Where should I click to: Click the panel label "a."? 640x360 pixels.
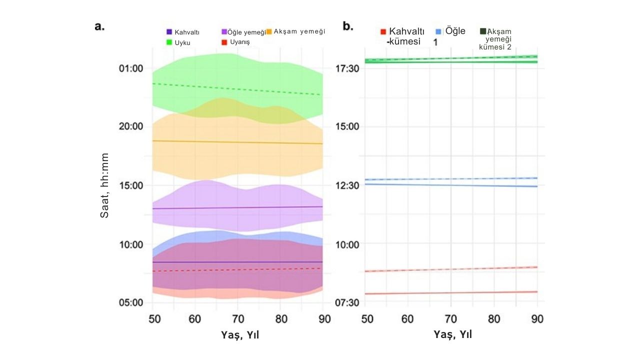coord(99,26)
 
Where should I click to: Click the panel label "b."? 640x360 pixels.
coord(348,26)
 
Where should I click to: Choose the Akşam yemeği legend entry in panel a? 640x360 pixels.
coord(295,31)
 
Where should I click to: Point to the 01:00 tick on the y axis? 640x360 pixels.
coord(131,68)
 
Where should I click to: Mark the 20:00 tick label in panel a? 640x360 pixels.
coord(131,126)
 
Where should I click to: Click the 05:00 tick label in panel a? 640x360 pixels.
coord(131,302)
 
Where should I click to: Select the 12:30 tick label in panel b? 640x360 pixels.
coord(347,185)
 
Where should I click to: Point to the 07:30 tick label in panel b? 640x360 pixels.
coord(347,302)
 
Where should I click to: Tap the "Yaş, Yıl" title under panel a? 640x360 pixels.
coord(240,335)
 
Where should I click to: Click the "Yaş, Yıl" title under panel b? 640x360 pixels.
coord(452,334)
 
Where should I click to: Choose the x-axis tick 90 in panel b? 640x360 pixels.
coord(537,318)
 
